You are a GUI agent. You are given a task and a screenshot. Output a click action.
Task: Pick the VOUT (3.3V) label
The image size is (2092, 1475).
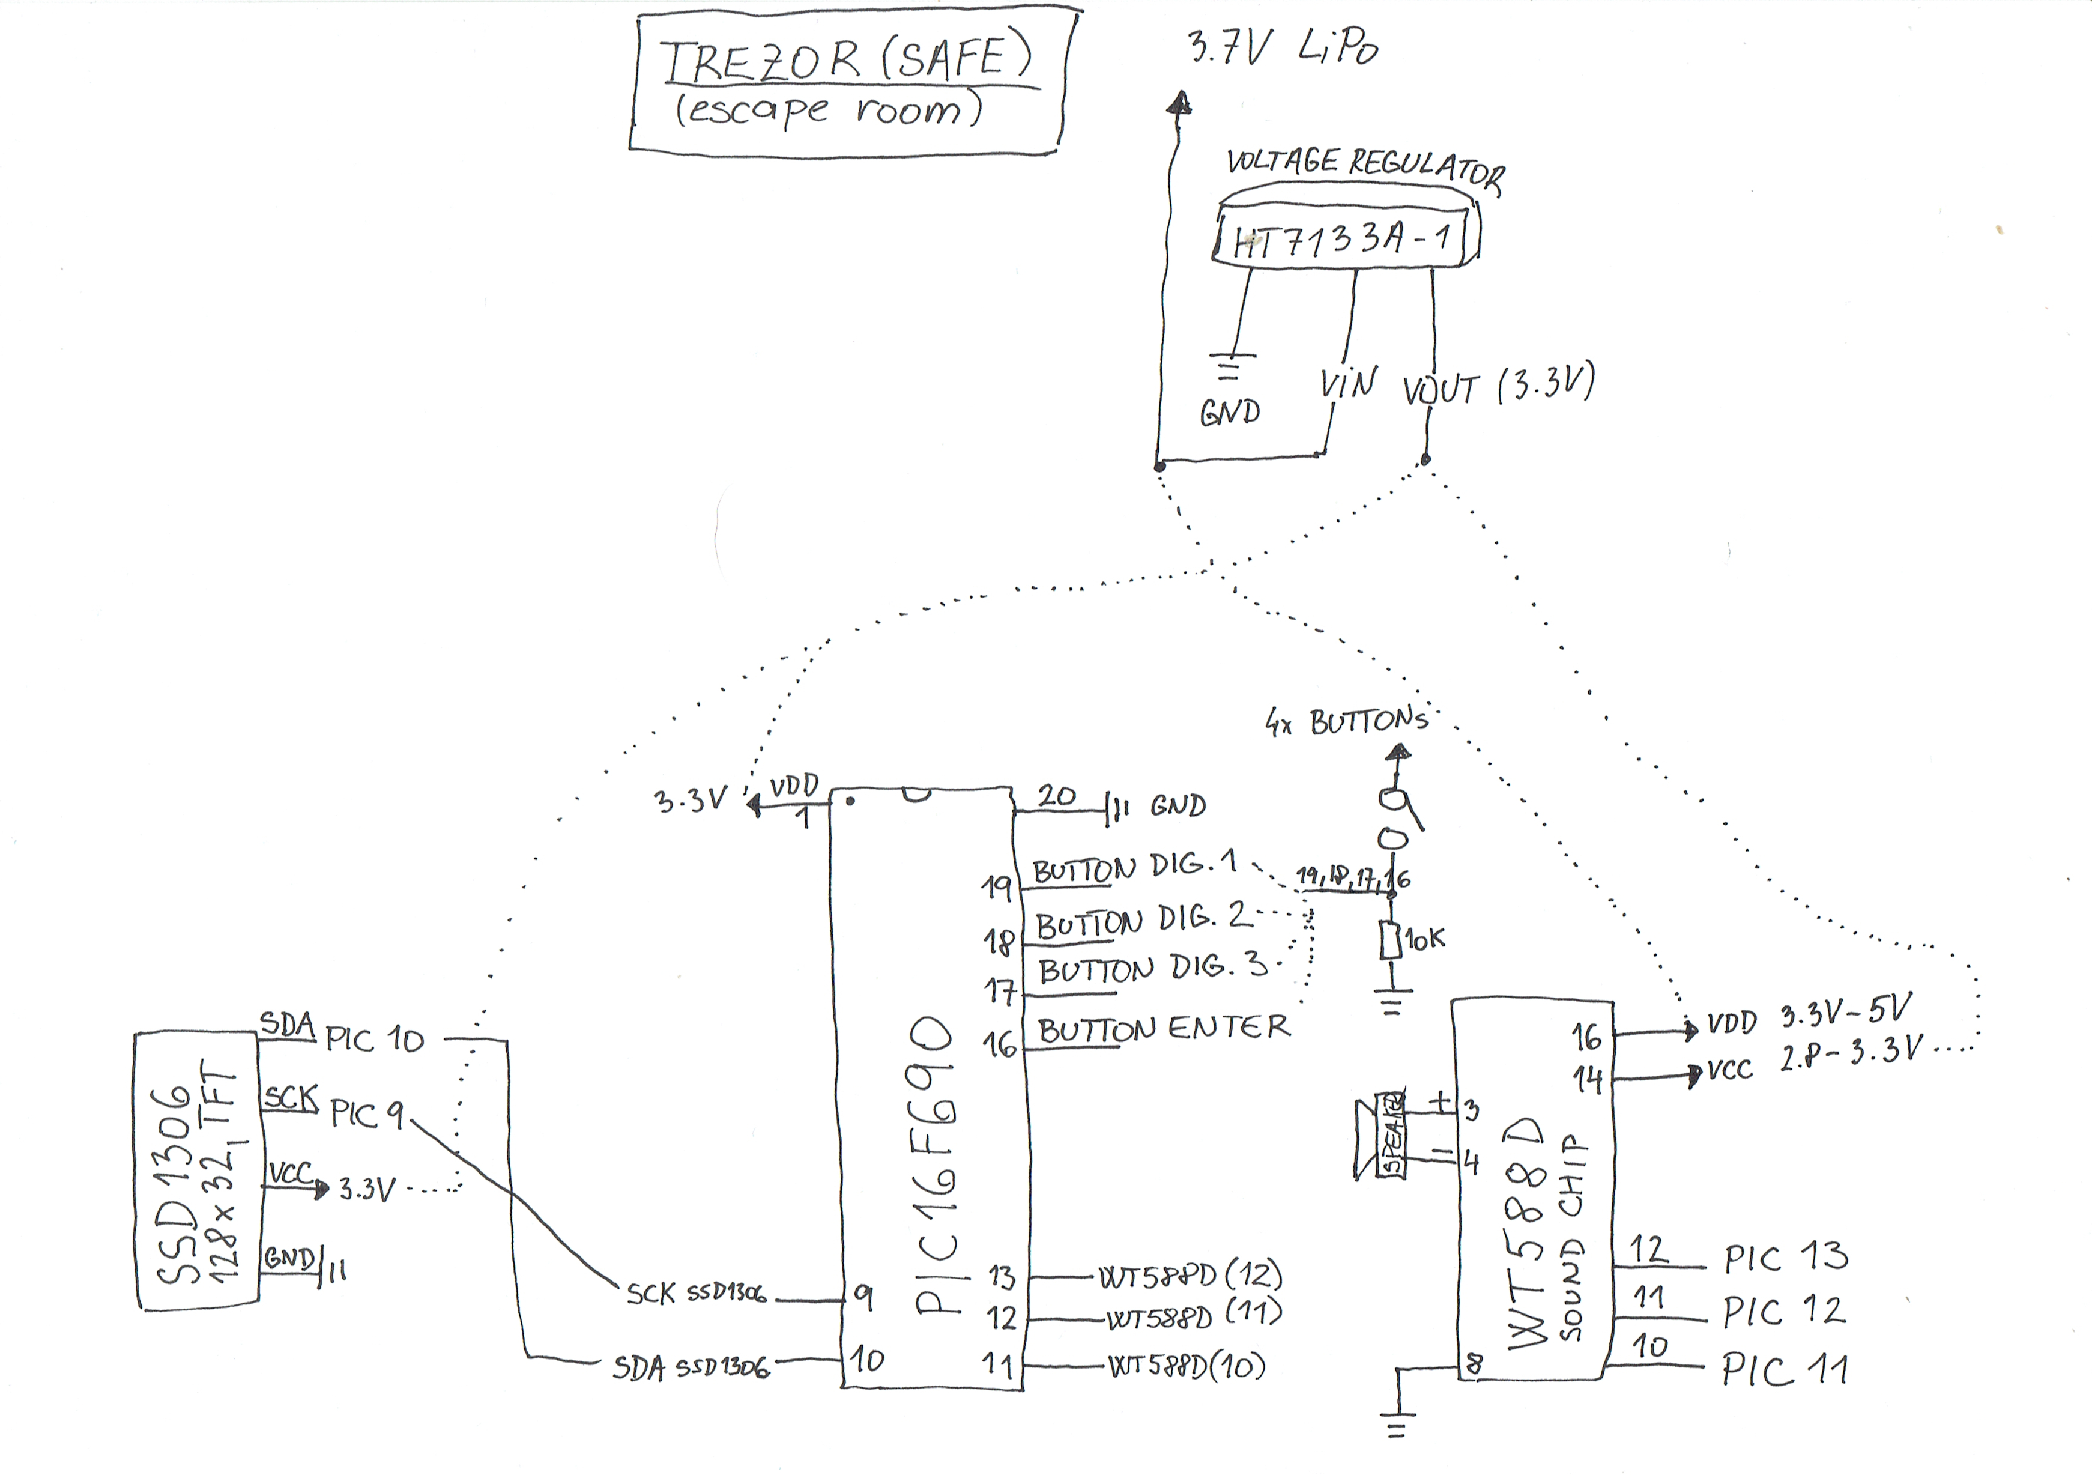[1498, 387]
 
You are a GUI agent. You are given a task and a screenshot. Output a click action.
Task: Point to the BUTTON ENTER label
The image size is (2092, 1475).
[1164, 1029]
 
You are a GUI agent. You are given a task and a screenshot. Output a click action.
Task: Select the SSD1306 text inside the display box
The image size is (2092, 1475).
[177, 1184]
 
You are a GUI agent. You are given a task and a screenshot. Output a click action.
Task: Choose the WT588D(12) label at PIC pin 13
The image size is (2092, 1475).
[1190, 1276]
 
